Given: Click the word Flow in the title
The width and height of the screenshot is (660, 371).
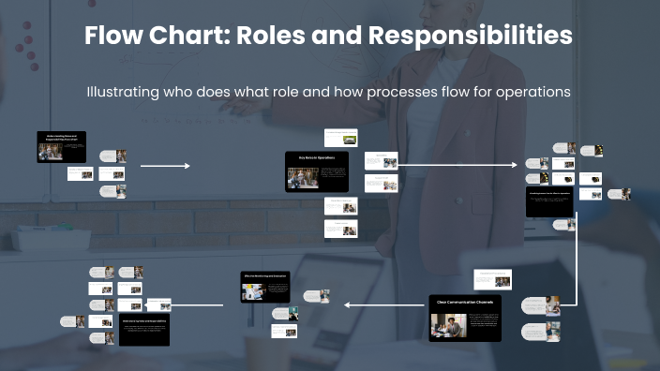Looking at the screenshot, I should point(114,37).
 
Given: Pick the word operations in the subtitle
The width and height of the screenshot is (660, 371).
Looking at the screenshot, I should point(535,93).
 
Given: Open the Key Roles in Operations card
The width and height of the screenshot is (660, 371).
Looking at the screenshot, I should point(317,171).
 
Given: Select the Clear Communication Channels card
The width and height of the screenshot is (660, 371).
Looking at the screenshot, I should point(466,319).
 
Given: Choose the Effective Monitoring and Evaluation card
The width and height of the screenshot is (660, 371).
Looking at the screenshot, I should point(265,287).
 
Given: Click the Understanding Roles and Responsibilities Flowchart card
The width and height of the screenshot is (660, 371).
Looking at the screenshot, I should point(62,146).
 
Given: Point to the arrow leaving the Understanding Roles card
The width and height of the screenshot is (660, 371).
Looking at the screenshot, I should point(165,166).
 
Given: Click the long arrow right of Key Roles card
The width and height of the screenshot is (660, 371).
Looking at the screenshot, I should point(457,165).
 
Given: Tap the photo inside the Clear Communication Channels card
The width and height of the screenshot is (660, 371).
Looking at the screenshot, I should point(448,325).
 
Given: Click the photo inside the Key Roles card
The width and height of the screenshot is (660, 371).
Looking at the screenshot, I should point(302,178).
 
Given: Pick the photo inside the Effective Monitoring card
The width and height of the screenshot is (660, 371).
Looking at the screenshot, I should point(252,291).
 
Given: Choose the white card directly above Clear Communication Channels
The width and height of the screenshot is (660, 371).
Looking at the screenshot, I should point(492,278).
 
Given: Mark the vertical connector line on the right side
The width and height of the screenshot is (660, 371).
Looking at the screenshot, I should point(560,262).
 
